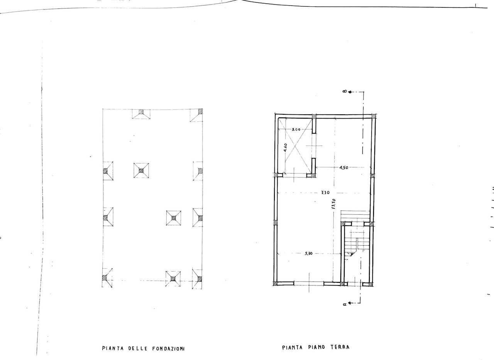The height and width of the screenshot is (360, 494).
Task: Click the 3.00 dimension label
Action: coord(296,129)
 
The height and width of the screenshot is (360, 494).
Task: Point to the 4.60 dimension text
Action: coord(285,148)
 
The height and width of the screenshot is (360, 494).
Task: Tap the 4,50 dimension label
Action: coord(343,168)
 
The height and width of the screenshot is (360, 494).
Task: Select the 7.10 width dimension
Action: coord(325,192)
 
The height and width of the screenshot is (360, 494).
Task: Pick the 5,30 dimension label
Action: coord(308,254)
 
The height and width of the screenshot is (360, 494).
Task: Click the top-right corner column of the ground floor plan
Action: coord(374,116)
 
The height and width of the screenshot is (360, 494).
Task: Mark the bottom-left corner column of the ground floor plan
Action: coord(276,284)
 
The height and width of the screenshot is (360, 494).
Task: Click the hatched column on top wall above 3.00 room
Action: coord(314,116)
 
